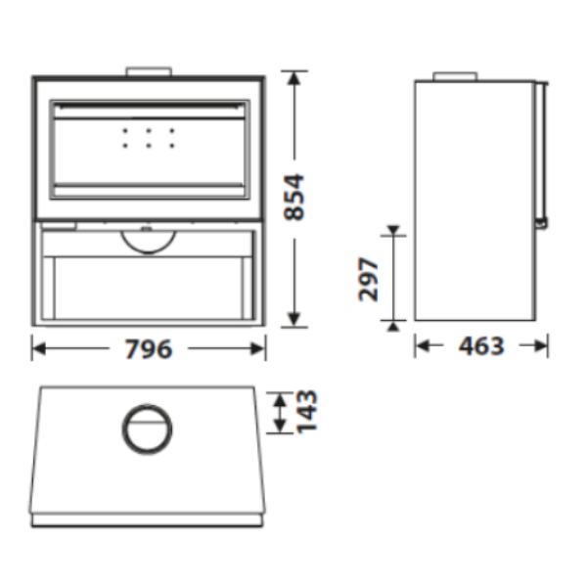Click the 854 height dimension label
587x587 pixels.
pos(293,197)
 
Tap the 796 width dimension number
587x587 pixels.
pos(149,349)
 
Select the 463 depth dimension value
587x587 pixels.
pos(481,346)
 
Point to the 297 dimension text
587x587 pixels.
pos(369,279)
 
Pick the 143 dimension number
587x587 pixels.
pos(306,412)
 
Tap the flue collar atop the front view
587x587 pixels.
pos(149,71)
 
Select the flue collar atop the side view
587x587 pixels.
pos(455,76)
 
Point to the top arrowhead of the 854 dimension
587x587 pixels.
pos(294,78)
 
